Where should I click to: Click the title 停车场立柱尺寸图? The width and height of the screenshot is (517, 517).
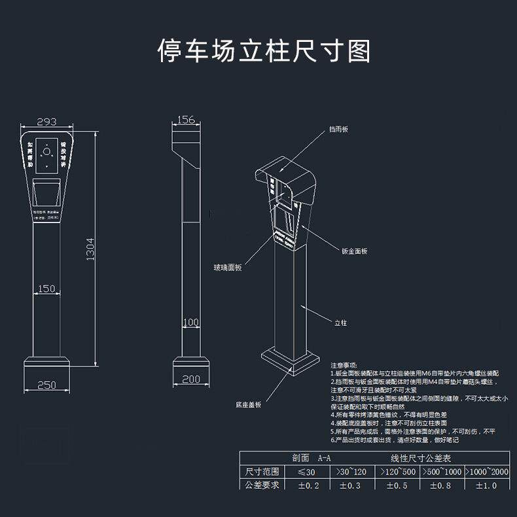[264, 50]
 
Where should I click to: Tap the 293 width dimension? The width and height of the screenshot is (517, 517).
[46, 121]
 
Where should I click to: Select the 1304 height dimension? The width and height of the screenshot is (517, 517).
[90, 249]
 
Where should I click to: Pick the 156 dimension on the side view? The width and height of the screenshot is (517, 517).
[187, 119]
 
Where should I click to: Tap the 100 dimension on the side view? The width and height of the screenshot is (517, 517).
[190, 322]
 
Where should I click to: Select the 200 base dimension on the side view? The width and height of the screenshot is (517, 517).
[190, 379]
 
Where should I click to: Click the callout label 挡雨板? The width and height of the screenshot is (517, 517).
[338, 130]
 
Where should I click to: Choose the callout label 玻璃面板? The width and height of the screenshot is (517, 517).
[228, 267]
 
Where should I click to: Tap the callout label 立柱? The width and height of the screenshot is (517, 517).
[341, 323]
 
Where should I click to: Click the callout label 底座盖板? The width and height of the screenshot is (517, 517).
[249, 405]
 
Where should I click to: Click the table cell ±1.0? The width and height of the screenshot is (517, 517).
[486, 485]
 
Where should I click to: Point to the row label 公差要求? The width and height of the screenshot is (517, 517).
[262, 485]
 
